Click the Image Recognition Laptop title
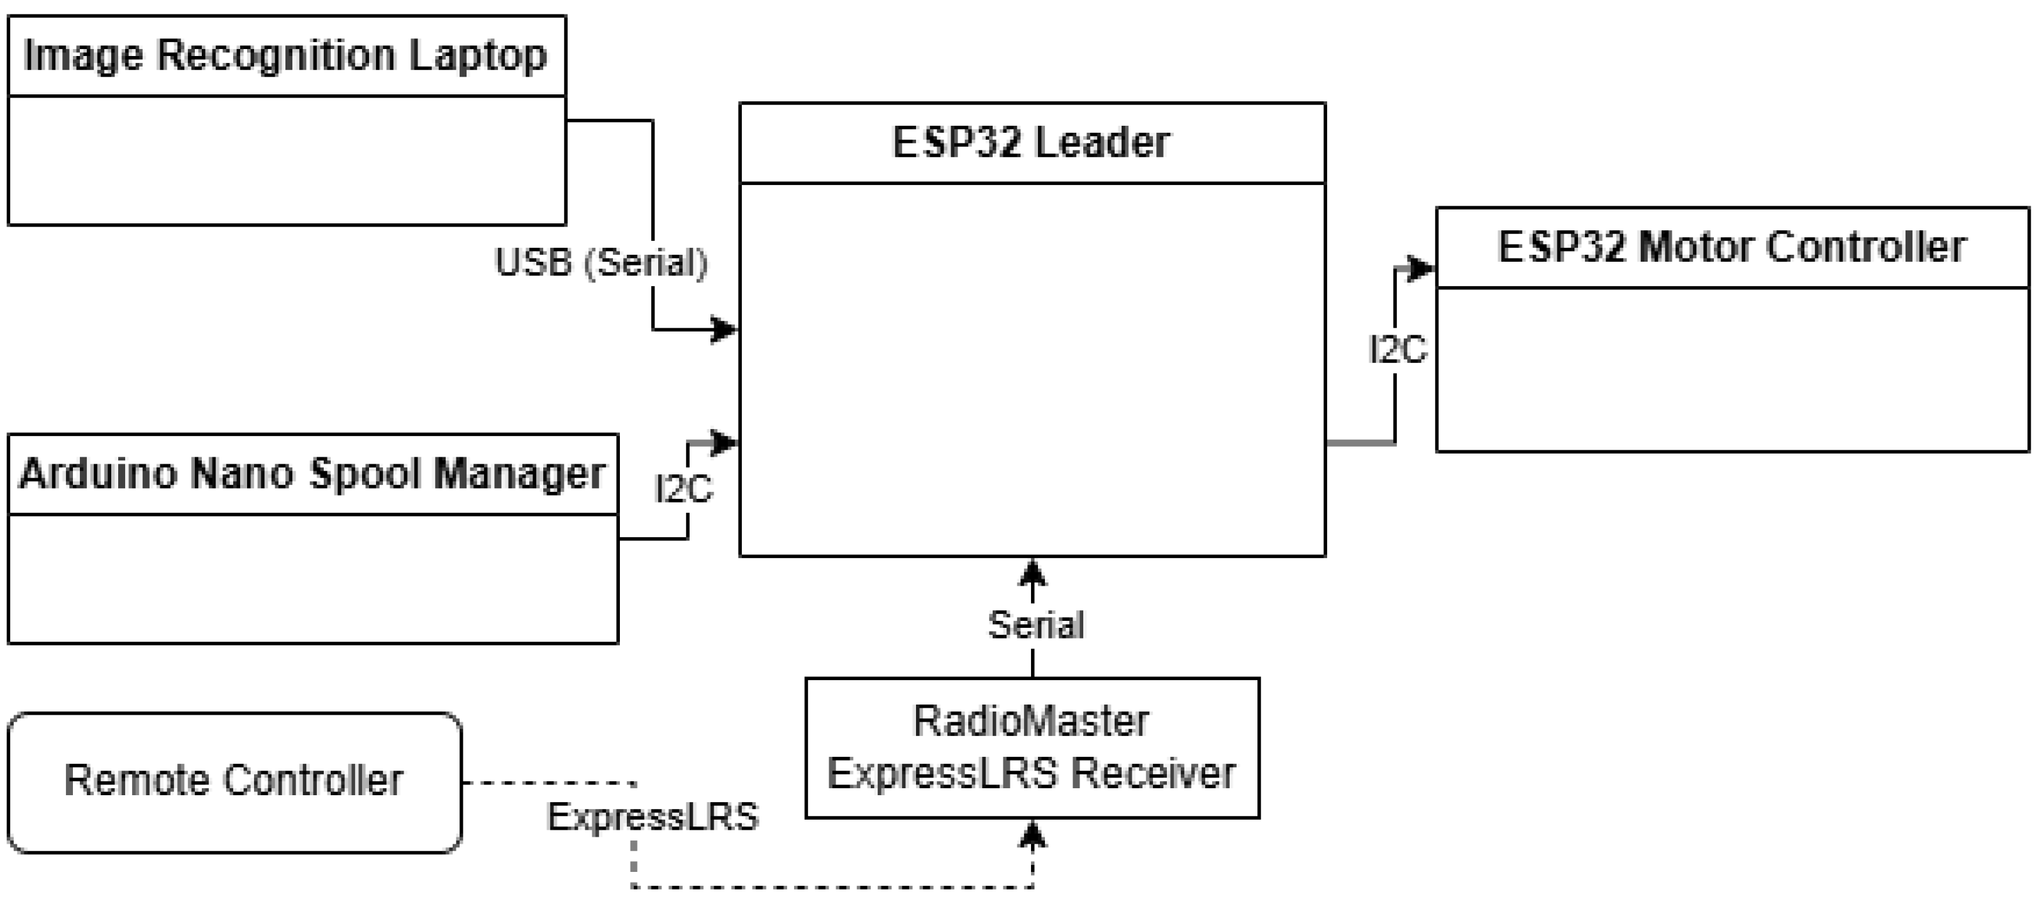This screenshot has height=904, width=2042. (x=285, y=56)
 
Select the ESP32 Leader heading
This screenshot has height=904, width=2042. (x=1030, y=143)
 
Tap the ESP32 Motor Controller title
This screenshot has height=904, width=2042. (x=1731, y=247)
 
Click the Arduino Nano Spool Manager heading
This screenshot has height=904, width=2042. (x=312, y=474)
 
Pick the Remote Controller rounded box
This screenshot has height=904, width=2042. (x=235, y=782)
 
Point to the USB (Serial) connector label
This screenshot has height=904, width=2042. (x=601, y=262)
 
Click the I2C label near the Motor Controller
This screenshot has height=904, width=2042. (x=1398, y=350)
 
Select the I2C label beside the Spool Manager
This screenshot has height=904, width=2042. (x=683, y=490)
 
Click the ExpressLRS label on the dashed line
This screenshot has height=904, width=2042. (x=653, y=817)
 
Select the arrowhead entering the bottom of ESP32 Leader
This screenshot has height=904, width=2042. (x=1032, y=571)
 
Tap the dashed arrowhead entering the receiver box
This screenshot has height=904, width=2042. (x=1032, y=834)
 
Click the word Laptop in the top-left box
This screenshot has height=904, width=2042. (x=478, y=56)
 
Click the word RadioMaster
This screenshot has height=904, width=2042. (x=1030, y=722)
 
